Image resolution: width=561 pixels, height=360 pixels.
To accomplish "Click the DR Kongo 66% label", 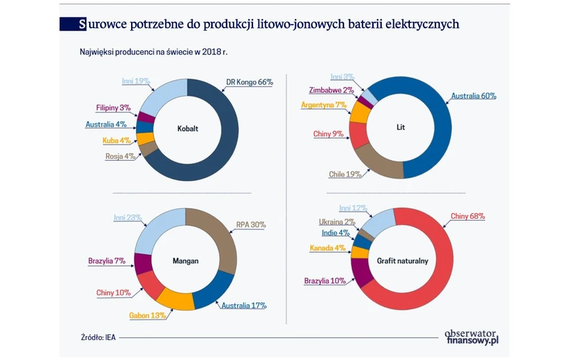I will click(249, 82).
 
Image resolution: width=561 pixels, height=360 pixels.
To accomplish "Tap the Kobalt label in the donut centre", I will click(187, 129).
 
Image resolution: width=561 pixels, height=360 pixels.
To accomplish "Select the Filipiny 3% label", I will click(114, 107).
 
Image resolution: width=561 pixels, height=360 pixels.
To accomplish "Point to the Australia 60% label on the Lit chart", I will click(473, 96).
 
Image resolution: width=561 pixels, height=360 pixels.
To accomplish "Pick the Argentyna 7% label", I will click(323, 105).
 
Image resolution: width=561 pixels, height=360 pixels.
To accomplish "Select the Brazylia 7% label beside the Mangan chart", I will click(106, 261).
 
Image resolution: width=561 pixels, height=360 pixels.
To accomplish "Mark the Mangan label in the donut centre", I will click(185, 261).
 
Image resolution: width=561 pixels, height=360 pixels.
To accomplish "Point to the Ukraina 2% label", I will click(337, 221).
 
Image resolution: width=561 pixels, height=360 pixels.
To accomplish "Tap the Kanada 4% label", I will click(328, 247).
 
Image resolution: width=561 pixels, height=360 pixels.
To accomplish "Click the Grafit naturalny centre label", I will click(402, 261).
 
